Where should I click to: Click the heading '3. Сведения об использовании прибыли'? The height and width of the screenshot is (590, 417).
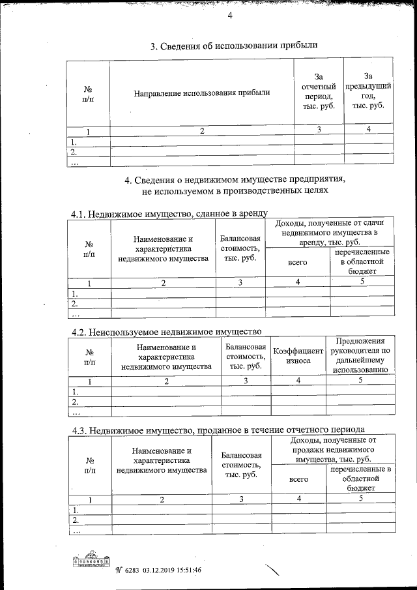coord(234,46)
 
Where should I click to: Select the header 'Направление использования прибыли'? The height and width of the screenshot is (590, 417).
coord(202,93)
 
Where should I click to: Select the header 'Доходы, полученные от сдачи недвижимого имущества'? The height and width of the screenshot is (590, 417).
coord(330,233)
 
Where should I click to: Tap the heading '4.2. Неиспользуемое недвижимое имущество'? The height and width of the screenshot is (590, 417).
coord(166,332)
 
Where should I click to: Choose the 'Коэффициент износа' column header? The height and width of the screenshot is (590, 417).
coord(298,355)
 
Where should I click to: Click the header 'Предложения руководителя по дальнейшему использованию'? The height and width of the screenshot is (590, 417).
coord(361,355)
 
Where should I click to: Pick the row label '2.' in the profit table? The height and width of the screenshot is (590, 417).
coord(74,152)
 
